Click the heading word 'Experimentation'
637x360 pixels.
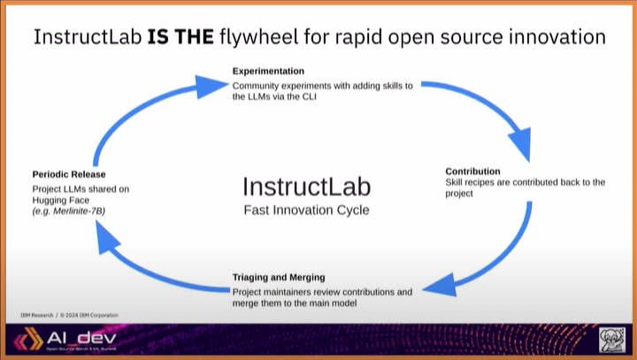click(x=268, y=71)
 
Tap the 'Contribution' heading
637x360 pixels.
click(x=472, y=171)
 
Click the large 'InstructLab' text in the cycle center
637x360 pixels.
click(x=306, y=188)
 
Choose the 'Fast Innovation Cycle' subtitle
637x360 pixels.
click(x=306, y=211)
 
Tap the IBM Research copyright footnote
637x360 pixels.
click(x=68, y=316)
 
